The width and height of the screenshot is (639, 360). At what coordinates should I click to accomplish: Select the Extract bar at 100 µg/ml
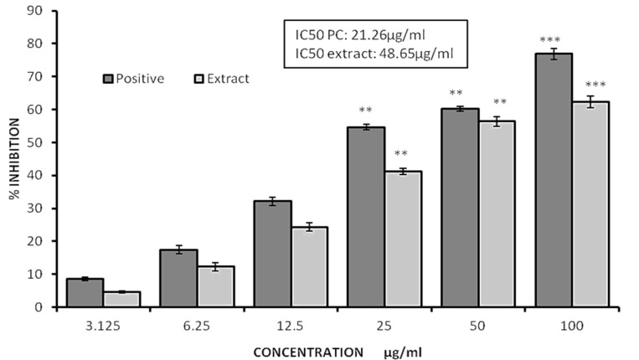(x=585, y=204)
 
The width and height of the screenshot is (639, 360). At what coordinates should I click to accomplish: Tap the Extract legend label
(x=229, y=79)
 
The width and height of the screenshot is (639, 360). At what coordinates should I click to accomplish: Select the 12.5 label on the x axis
(x=281, y=322)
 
